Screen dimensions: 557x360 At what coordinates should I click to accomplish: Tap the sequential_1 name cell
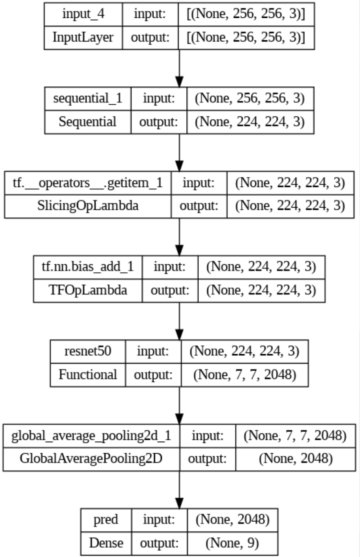click(88, 98)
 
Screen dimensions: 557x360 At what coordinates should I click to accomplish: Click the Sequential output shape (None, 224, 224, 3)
click(250, 122)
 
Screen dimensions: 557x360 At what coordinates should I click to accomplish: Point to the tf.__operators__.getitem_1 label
click(88, 183)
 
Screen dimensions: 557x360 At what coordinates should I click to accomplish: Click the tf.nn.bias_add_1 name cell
click(88, 267)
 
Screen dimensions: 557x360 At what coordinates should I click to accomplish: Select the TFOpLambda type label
click(88, 290)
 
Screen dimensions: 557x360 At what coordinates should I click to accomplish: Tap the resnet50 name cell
click(88, 351)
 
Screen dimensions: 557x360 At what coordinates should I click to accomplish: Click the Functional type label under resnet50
click(88, 374)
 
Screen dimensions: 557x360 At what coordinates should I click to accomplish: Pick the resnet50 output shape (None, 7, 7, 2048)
click(244, 374)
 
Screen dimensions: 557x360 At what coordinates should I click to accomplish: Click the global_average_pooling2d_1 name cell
click(91, 435)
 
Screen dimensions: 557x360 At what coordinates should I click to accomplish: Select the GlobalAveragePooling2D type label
click(91, 459)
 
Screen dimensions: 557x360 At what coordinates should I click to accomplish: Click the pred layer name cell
click(106, 520)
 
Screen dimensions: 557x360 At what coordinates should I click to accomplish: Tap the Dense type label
click(106, 543)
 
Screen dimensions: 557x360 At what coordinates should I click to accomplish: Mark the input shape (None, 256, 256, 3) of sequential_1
click(250, 98)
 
